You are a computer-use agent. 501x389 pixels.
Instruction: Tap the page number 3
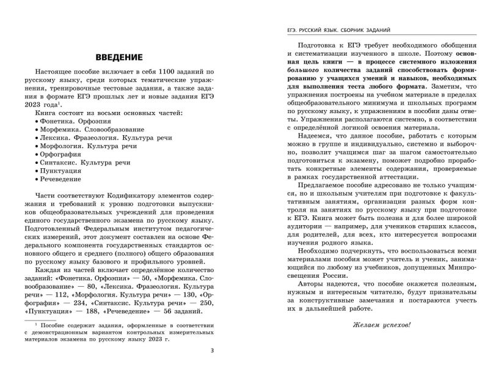coord(212,350)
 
